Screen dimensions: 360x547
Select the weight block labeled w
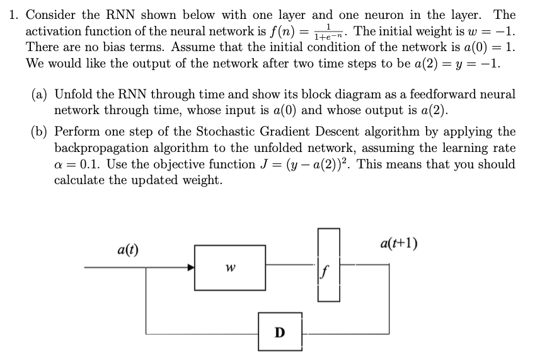click(230, 267)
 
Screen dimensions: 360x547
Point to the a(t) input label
click(128, 249)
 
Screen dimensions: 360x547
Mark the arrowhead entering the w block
click(191, 267)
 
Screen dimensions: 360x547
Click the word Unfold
click(73, 95)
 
